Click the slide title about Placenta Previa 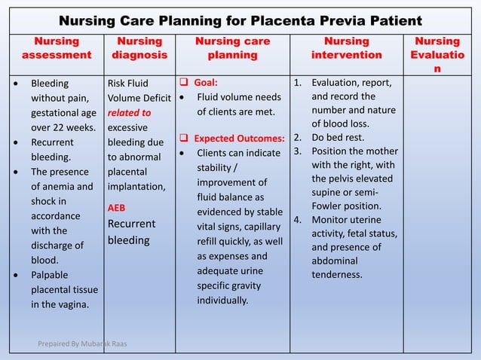tap(240, 20)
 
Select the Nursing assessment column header tap(57, 47)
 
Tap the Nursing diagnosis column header tap(139, 47)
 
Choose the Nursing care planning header tap(232, 47)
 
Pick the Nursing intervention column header tap(346, 47)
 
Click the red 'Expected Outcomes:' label tap(239, 139)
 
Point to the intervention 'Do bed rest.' tap(339, 137)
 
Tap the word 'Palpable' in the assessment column tap(49, 276)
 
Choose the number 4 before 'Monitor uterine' tap(298, 220)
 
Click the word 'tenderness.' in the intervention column tap(337, 274)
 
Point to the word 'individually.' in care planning tap(222, 300)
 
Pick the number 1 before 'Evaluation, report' tap(298, 83)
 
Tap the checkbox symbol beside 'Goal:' tap(183, 82)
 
